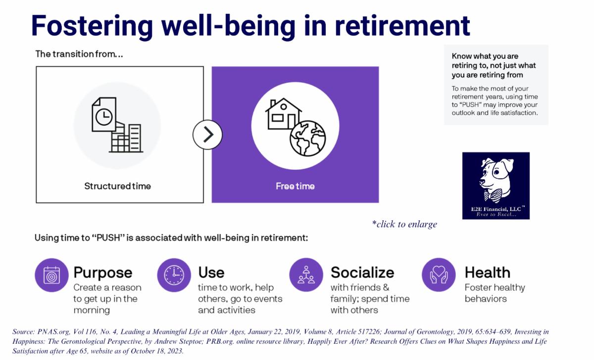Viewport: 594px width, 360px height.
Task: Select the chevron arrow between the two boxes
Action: click(207, 134)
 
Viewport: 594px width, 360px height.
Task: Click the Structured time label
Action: click(117, 186)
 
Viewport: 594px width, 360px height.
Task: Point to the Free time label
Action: click(295, 186)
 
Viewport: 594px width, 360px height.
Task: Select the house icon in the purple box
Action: click(283, 113)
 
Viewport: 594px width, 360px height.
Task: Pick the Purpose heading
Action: click(103, 272)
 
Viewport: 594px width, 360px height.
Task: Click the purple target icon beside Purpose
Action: click(51, 275)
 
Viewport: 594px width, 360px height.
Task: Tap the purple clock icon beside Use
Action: click(174, 275)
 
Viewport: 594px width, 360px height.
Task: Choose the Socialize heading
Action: click(362, 272)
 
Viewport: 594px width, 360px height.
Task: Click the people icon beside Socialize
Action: click(306, 275)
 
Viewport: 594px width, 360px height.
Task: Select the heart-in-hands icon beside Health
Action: click(439, 275)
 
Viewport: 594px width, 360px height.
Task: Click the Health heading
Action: click(487, 272)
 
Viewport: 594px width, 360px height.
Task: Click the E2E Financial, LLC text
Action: click(495, 209)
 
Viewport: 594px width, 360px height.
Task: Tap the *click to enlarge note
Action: click(404, 224)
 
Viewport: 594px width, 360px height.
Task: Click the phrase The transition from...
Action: click(79, 54)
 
